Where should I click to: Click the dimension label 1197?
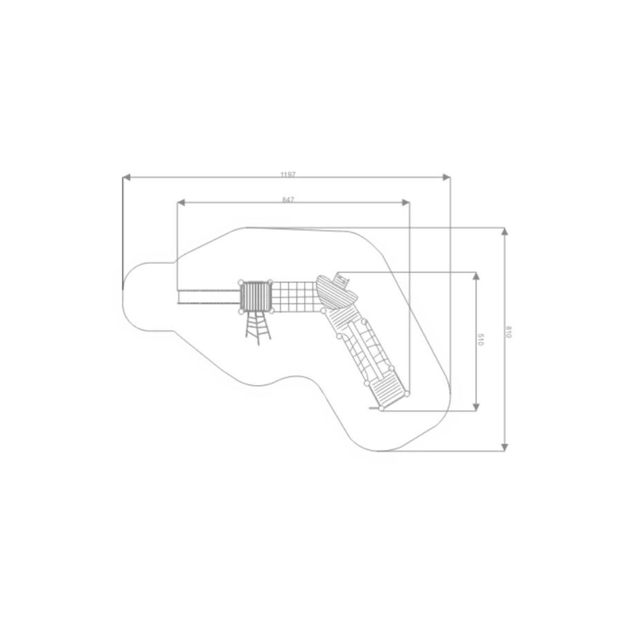point(288,175)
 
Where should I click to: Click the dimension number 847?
point(288,200)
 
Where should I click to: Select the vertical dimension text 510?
point(480,339)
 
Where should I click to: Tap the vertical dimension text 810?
point(509,332)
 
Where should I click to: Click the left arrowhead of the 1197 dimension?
point(126,177)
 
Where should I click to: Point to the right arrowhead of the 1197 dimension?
point(446,177)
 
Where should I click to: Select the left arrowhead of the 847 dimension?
point(181,202)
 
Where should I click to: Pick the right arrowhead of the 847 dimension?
point(406,202)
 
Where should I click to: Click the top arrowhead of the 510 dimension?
point(476,276)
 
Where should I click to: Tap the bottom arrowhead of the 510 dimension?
point(476,407)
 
